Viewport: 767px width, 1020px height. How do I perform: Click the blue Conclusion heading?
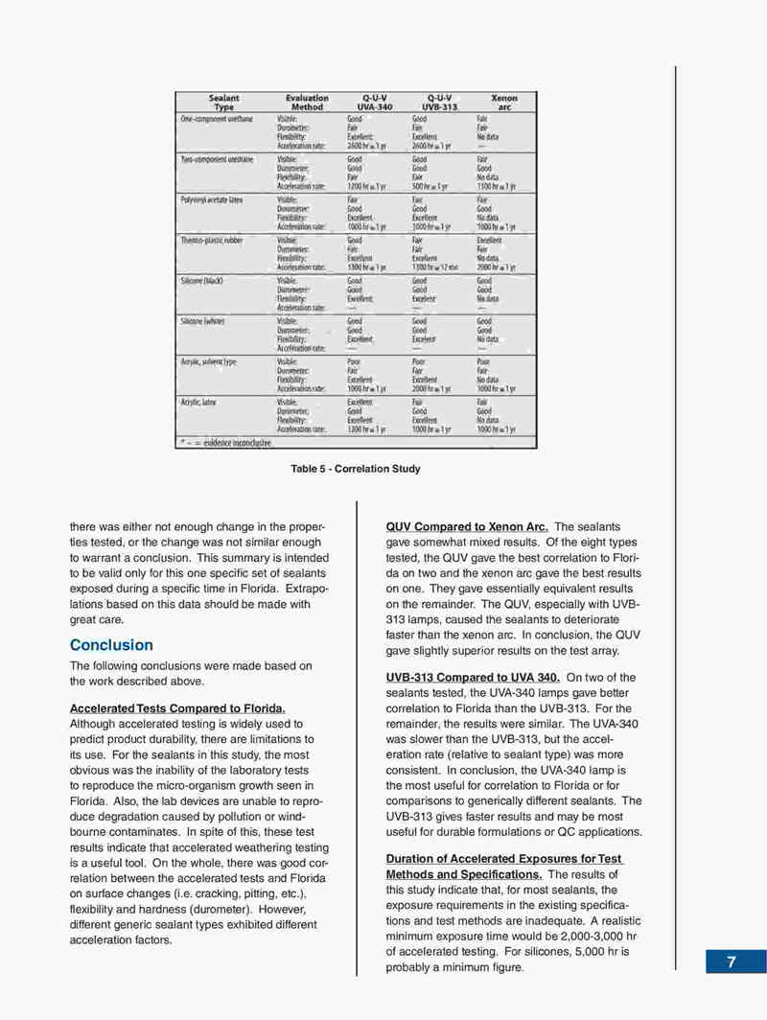[111, 645]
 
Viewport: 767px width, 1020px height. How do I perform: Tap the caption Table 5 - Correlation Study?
[356, 469]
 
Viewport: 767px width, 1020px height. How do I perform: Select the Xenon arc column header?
[503, 103]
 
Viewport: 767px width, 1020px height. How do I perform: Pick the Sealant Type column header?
[223, 103]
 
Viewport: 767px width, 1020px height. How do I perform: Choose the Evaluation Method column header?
[307, 103]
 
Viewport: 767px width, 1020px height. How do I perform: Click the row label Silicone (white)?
[204, 322]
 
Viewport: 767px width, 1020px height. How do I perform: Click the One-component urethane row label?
[215, 118]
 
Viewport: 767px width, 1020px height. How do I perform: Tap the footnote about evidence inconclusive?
[226, 443]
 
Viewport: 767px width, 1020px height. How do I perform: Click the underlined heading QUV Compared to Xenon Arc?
[467, 527]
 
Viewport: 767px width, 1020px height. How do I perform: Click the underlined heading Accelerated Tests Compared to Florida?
[178, 708]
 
